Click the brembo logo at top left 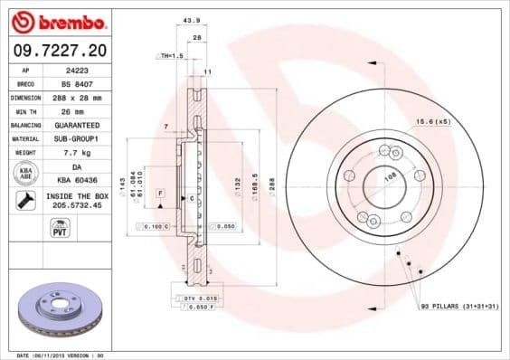[57, 20]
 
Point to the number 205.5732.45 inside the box [77, 205]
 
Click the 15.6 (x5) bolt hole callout [432, 121]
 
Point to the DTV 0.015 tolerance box [195, 298]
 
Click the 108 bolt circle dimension [391, 179]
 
